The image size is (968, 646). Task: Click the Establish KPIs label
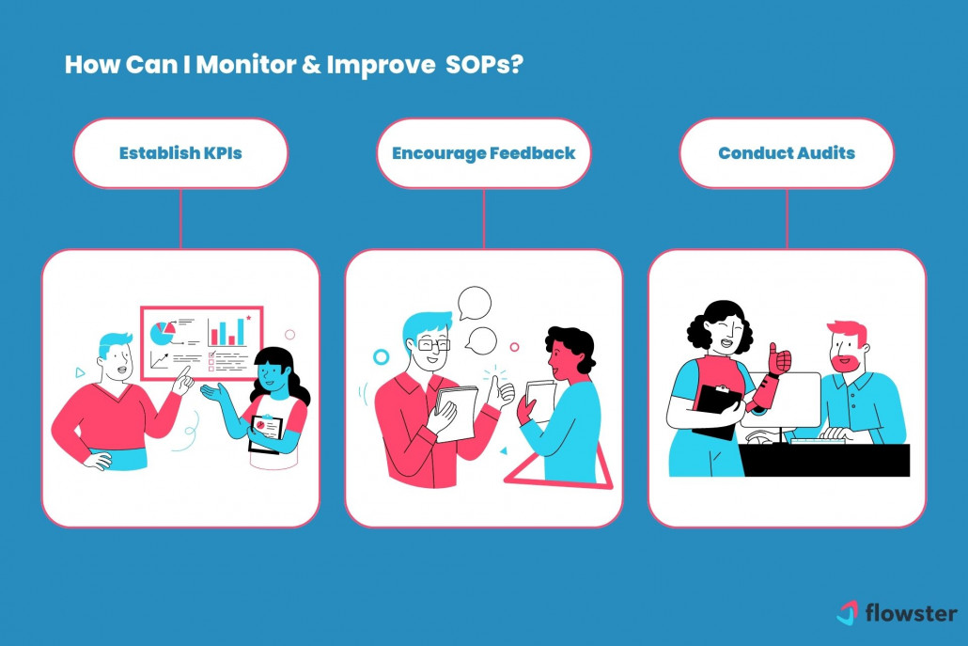click(180, 153)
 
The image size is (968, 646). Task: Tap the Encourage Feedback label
click(483, 153)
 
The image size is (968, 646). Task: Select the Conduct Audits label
click(787, 153)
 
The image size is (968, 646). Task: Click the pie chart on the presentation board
click(163, 332)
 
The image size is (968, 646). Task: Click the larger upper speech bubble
click(475, 303)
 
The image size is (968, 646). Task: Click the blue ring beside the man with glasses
click(381, 357)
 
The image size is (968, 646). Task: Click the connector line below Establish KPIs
click(180, 218)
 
